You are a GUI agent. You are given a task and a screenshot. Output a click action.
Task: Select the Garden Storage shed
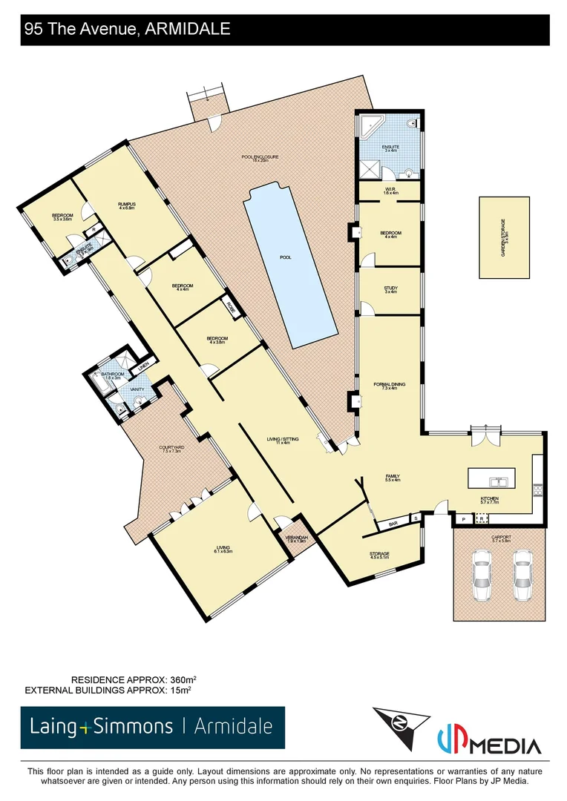505,237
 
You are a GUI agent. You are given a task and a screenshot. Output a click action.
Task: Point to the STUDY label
390,289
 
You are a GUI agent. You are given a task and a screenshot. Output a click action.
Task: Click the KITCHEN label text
489,498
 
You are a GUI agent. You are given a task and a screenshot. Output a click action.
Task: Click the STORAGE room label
379,554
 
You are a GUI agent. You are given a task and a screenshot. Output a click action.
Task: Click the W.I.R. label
390,191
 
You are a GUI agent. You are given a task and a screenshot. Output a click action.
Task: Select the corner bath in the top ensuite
371,127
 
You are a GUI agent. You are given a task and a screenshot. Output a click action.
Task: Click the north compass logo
401,727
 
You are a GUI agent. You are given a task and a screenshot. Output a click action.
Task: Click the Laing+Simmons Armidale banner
153,727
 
